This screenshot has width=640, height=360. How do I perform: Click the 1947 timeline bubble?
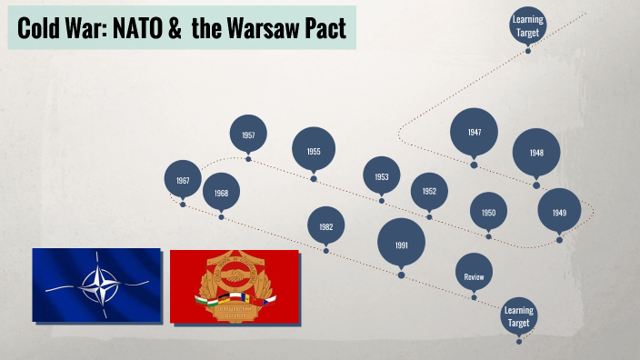point(474,132)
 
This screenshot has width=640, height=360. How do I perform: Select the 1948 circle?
point(536,153)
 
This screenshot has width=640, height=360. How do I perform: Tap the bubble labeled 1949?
point(559,213)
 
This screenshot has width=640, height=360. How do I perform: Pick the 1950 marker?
point(488,213)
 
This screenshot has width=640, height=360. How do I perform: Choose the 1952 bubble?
point(429,191)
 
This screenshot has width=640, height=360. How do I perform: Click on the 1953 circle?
point(382,176)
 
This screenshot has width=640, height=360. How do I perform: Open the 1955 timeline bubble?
point(314,151)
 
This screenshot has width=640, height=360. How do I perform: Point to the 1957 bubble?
point(248,135)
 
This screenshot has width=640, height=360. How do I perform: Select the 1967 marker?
point(183,181)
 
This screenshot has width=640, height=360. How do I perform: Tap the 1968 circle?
point(221,194)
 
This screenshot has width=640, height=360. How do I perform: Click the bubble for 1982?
point(326,225)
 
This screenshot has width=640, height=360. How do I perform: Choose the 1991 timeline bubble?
point(401,245)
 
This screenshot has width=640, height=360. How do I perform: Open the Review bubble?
point(474,275)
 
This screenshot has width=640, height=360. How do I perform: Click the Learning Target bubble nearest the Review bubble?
point(518,316)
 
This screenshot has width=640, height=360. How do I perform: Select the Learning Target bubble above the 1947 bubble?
point(527,25)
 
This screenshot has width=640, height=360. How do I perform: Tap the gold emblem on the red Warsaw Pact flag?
point(234,285)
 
